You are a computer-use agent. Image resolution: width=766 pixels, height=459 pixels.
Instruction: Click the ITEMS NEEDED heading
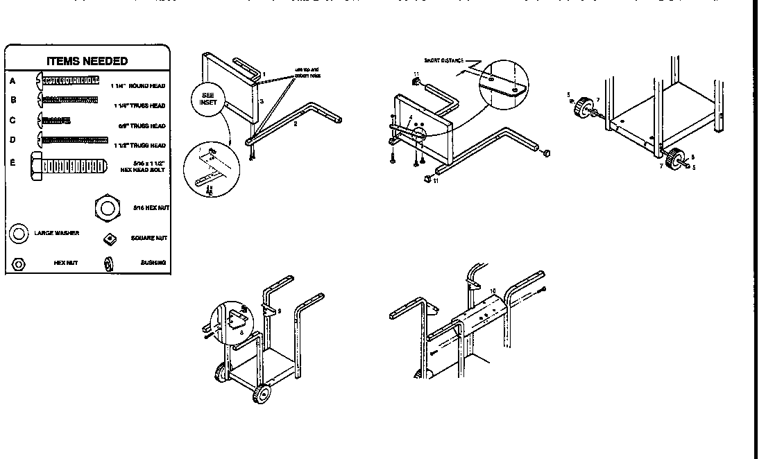(87, 61)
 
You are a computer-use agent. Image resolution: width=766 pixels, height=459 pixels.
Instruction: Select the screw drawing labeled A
(71, 81)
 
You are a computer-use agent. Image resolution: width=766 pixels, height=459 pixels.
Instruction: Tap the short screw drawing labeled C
(54, 121)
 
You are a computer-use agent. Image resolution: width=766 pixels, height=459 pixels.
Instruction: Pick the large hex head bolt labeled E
(68, 166)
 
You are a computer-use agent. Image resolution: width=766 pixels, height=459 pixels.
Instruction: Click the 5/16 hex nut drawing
(105, 207)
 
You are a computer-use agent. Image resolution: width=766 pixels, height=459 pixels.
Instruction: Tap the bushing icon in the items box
(108, 263)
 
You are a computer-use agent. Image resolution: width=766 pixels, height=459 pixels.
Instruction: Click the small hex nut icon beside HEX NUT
(19, 263)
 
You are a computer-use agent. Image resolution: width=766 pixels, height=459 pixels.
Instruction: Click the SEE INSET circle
(208, 98)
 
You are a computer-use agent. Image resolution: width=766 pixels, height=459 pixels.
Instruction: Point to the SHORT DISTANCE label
(443, 61)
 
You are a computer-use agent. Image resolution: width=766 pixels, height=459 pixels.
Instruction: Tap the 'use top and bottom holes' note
(307, 72)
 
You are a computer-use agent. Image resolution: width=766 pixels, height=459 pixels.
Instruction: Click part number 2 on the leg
(295, 124)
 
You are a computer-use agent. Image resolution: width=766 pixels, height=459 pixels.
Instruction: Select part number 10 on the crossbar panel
(492, 292)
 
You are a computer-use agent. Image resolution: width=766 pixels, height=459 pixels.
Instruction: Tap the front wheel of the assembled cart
(262, 395)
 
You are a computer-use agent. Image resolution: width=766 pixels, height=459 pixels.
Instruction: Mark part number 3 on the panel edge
(262, 101)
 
